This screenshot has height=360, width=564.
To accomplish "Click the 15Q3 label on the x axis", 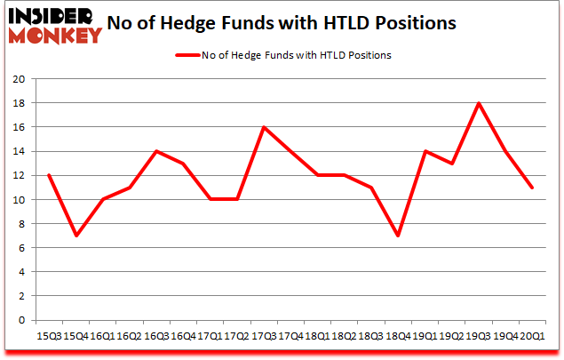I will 48,336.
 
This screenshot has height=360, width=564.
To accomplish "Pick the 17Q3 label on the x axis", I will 263,336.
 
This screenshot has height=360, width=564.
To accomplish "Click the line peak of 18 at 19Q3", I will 478,103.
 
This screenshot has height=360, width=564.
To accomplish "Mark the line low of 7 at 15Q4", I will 75,236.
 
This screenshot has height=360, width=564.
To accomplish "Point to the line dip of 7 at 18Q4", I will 397,236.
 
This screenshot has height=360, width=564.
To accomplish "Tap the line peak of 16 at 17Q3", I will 263,127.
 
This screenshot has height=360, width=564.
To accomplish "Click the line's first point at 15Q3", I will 49,175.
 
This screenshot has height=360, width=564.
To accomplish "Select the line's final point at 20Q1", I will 531,188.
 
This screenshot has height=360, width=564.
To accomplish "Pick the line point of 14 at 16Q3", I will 156,151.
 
